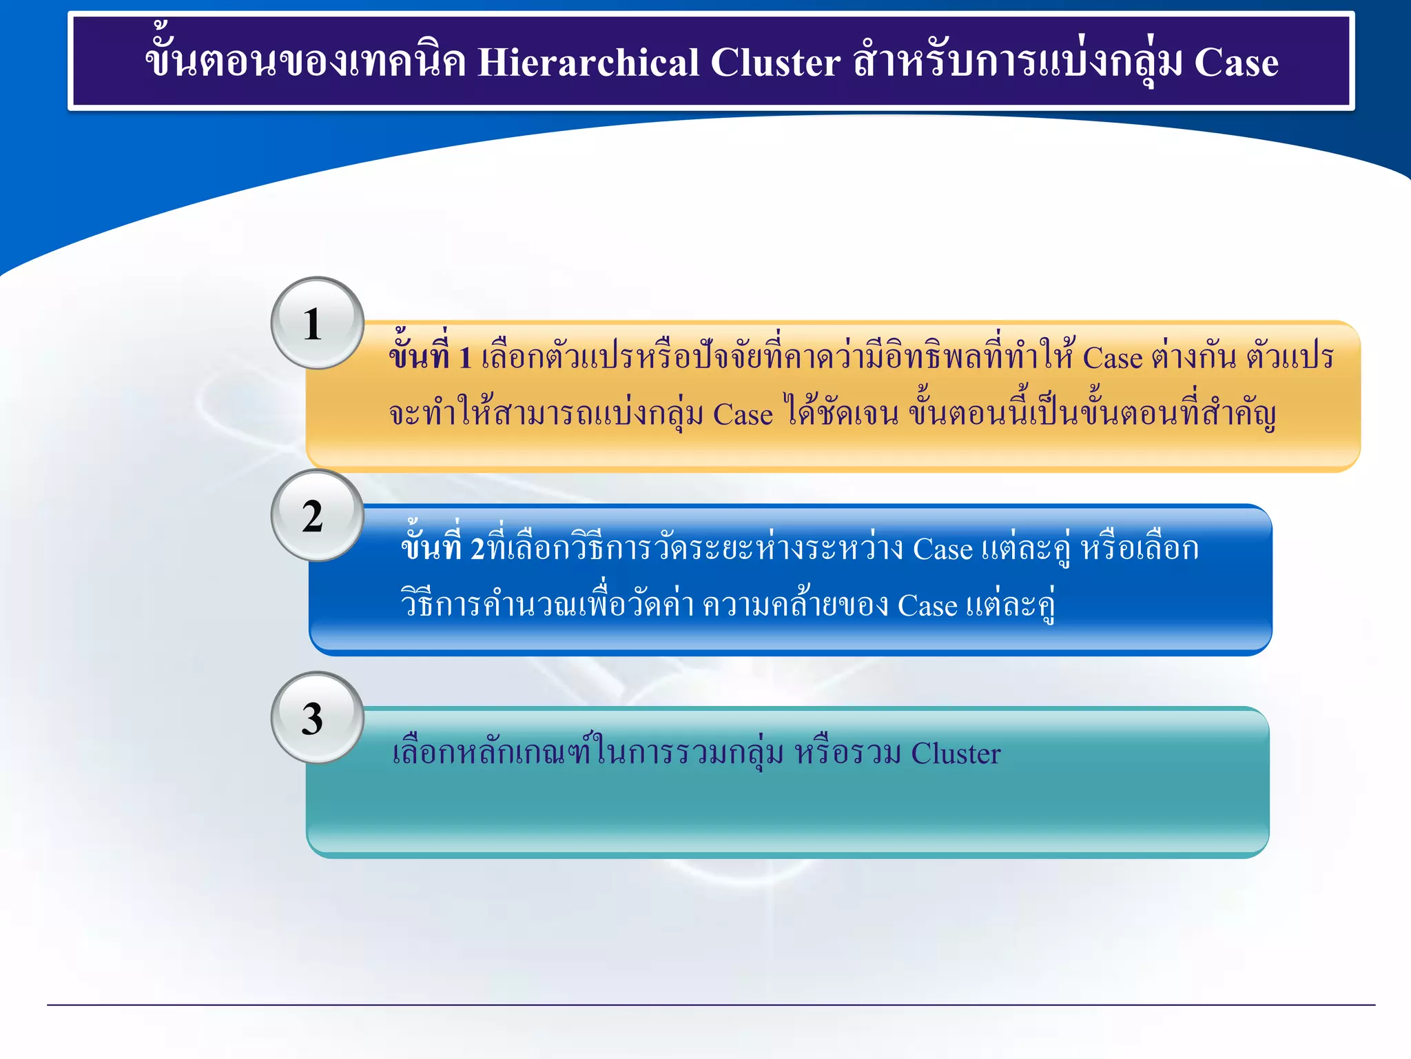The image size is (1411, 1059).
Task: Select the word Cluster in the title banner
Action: tap(775, 63)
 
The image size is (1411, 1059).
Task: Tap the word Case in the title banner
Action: tap(1236, 63)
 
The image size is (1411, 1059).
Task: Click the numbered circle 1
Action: tap(317, 323)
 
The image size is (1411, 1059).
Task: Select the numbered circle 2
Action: tap(317, 516)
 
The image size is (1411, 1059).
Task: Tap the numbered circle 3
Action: tap(317, 718)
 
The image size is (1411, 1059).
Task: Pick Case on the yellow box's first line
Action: tap(1112, 358)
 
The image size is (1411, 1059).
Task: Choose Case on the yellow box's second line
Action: tap(743, 414)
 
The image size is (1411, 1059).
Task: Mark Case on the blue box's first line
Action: tap(943, 549)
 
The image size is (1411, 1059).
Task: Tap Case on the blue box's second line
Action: tap(927, 606)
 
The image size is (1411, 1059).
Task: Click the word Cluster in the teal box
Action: tap(956, 754)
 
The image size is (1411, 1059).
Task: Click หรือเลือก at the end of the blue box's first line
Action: tap(1140, 549)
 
